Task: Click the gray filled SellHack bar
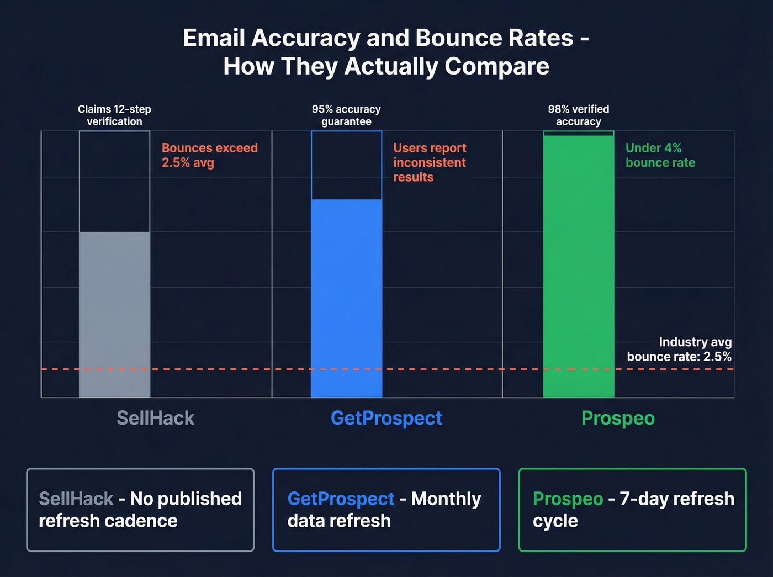coord(115,314)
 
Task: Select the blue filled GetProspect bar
coord(347,298)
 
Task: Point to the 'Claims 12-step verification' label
coord(114,115)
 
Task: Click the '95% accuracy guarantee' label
coord(346,115)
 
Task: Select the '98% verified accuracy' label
coord(579,115)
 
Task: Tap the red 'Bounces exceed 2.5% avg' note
coord(209,155)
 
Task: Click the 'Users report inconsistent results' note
coord(430,162)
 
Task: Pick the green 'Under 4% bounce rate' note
coord(660,155)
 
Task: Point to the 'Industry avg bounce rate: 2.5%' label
coord(679,350)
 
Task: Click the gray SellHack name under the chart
coord(155,418)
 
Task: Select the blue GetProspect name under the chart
coord(386,418)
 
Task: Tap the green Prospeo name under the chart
coord(618,418)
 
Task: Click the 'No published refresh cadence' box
coord(140,510)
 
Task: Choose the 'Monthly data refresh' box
coord(386,510)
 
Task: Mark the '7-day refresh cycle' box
coord(632,510)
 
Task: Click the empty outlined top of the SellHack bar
coord(115,181)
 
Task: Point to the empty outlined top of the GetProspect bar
coord(347,165)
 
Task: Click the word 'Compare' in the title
coord(496,67)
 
